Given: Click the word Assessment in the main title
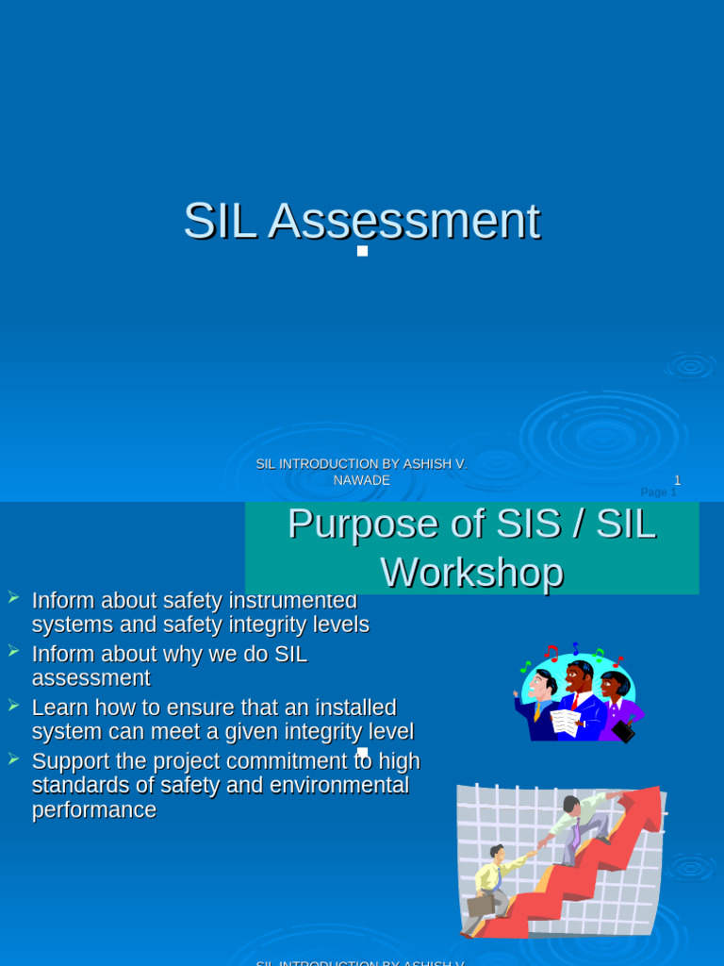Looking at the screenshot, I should [x=403, y=222].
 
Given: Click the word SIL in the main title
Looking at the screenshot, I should [x=219, y=222].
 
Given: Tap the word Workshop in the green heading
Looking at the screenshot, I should [x=471, y=573].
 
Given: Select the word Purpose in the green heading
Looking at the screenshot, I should [x=362, y=524].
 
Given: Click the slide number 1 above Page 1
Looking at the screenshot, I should [x=677, y=480].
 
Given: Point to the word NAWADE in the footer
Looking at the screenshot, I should [x=361, y=480].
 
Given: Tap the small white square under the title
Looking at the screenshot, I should [x=362, y=251].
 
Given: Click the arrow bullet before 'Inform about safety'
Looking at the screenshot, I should [x=13, y=597].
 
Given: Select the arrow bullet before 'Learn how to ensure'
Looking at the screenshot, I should [x=13, y=705].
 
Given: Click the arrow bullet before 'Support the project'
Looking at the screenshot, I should [x=13, y=758].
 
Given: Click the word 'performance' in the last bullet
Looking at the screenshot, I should [x=93, y=810].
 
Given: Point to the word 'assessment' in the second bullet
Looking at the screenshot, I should [x=90, y=678].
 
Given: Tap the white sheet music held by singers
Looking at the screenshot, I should [x=566, y=722].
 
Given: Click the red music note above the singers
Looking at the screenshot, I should [x=551, y=652].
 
